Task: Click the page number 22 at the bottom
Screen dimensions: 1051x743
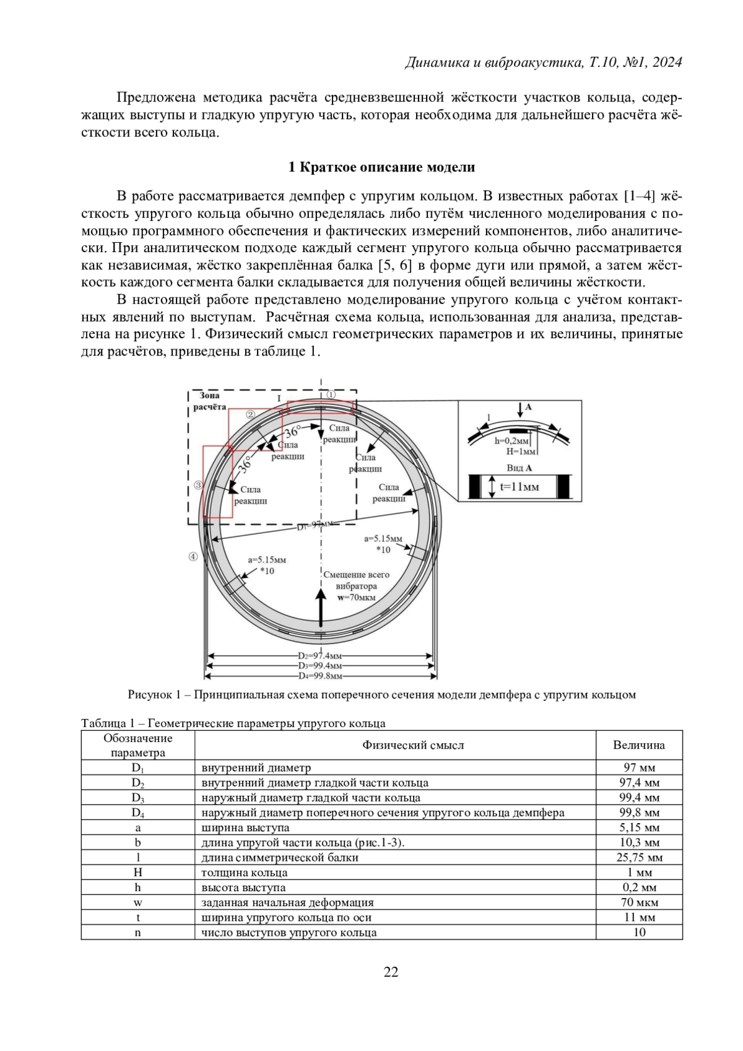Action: (391, 972)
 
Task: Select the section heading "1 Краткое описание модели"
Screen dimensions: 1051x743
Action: (382, 167)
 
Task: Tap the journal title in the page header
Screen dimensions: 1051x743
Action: (543, 63)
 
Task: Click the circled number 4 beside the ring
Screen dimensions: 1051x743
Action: (193, 557)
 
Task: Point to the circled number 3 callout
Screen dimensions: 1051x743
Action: (198, 486)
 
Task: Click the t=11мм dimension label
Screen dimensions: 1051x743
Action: (519, 486)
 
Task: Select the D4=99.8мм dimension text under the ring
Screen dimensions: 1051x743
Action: (320, 676)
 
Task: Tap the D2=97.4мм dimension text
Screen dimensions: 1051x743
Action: (320, 655)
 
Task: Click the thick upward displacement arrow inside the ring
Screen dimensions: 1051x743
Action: (321, 607)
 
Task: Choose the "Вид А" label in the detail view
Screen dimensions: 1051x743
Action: (519, 468)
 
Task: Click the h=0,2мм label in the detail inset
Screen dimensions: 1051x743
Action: (511, 441)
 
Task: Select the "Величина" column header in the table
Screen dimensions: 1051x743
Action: (639, 745)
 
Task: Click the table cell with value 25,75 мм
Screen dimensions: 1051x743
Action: (639, 858)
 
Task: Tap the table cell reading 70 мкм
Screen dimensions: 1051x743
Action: (639, 902)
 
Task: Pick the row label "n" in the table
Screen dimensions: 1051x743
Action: (137, 933)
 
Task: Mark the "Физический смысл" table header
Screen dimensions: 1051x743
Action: (413, 745)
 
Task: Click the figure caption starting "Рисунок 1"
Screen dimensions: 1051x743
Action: (381, 694)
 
